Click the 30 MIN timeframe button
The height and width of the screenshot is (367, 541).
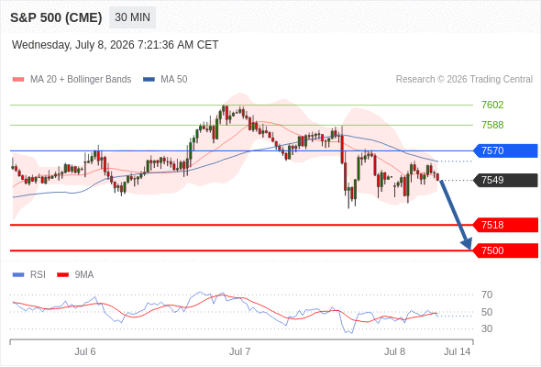(132, 17)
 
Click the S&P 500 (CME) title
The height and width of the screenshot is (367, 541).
(56, 17)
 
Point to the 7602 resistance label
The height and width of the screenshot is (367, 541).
(492, 105)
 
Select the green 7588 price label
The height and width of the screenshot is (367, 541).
(492, 125)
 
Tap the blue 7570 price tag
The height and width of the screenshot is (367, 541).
(505, 150)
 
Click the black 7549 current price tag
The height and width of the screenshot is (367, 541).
(505, 180)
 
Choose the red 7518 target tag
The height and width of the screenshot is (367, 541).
(505, 225)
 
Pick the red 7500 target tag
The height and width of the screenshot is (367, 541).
(505, 250)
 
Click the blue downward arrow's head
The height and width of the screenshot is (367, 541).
(467, 244)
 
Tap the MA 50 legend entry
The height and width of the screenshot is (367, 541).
(165, 80)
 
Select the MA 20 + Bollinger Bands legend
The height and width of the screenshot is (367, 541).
(72, 80)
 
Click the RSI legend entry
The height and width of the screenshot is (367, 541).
(29, 275)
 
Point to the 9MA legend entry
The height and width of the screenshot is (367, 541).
(75, 275)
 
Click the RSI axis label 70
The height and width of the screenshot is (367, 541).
(487, 295)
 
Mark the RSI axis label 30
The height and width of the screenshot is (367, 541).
(487, 328)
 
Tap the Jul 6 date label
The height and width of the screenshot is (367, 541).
(85, 351)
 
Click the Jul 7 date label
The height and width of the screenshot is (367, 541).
(240, 351)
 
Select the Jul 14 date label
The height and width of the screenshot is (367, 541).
(458, 351)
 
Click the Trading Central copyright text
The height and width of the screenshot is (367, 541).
(464, 80)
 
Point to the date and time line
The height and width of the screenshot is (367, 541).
(116, 45)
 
